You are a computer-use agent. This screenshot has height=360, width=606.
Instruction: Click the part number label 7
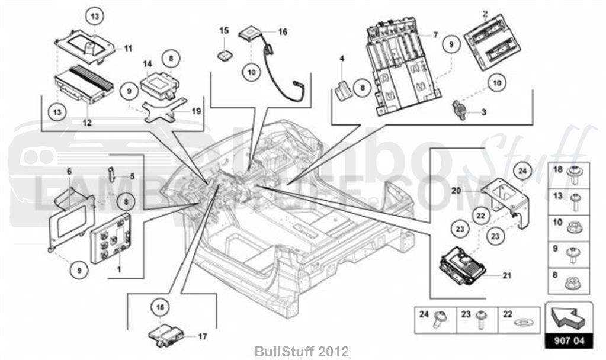point(435,36)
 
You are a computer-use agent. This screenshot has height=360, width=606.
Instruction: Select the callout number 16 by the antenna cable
point(282,32)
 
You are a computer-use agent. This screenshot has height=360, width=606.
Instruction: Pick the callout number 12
point(86,123)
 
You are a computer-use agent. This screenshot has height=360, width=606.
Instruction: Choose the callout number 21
point(506,275)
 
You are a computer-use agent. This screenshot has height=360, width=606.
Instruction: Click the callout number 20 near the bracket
point(456,191)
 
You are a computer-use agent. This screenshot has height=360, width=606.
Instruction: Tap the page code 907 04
point(568,340)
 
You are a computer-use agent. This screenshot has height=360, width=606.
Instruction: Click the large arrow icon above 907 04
point(567,317)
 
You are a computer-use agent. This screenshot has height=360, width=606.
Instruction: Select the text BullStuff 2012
point(303,351)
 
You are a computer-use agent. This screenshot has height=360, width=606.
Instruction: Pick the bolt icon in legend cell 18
point(575,173)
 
